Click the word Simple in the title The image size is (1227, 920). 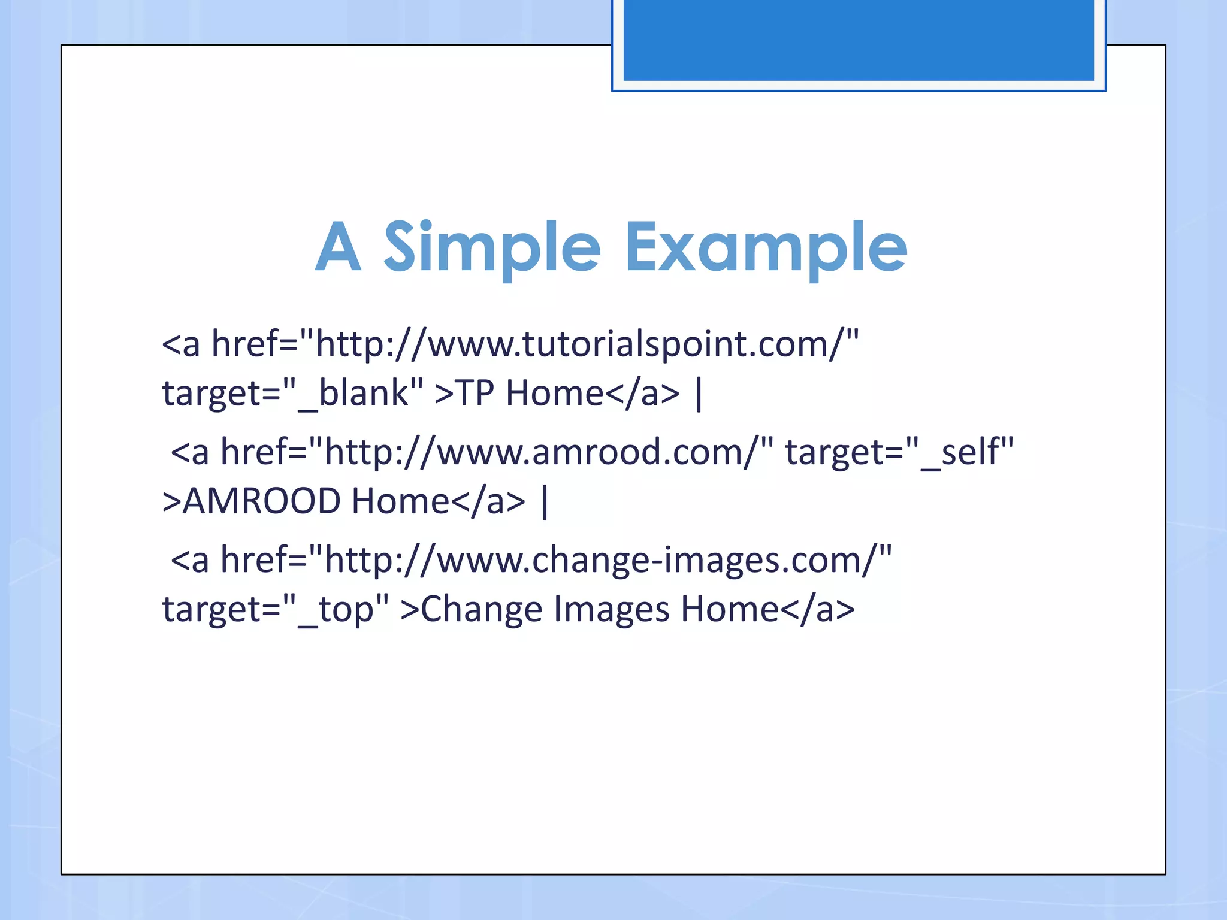(491, 247)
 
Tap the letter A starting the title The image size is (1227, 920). (339, 247)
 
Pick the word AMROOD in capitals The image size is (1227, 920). (261, 502)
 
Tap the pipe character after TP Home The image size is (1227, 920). (699, 394)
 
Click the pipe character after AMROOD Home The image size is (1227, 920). (544, 502)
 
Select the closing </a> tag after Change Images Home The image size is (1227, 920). (817, 610)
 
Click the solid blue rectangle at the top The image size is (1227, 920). (858, 40)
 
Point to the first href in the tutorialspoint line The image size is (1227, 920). (249, 345)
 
